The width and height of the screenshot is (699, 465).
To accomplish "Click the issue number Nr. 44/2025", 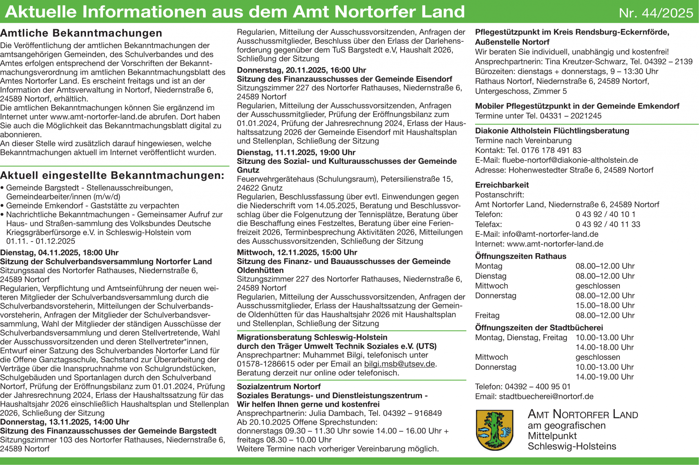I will click(x=656, y=13).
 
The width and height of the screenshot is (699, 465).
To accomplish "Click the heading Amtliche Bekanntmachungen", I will click(x=81, y=33).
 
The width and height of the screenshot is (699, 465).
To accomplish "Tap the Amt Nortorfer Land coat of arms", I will click(x=494, y=430).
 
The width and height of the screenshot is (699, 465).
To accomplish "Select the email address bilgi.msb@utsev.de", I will click(x=399, y=364).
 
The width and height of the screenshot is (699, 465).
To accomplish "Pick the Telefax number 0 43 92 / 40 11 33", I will click(x=608, y=224).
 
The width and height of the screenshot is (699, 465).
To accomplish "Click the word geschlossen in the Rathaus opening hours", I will click(x=598, y=286).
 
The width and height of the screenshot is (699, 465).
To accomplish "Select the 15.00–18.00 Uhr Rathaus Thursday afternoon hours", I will click(x=605, y=305).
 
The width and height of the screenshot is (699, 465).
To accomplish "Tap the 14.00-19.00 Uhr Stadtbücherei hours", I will click(x=604, y=377).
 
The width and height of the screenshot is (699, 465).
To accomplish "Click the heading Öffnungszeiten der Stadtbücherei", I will click(x=539, y=328).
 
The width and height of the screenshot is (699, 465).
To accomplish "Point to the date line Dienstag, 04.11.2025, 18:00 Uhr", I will click(x=59, y=253).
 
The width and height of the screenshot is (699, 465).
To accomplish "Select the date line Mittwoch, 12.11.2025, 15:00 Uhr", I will click(x=297, y=252).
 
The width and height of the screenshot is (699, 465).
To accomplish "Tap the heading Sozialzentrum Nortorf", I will click(x=279, y=387).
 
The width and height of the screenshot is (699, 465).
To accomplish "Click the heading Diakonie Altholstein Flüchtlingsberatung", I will click(x=552, y=131).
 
